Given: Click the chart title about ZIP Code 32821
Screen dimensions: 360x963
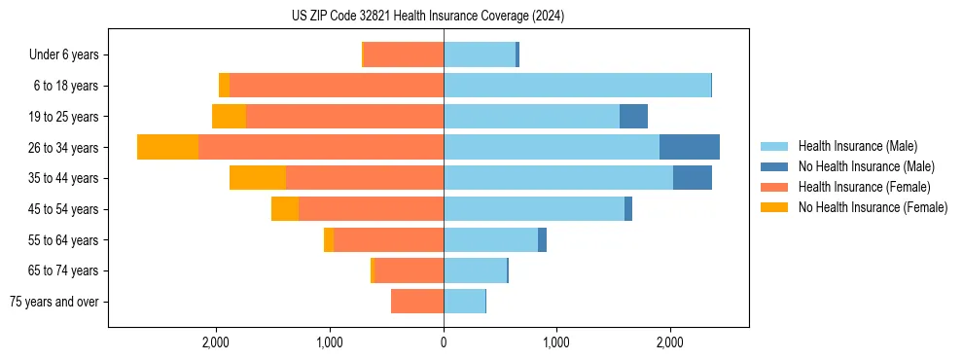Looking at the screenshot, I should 427,17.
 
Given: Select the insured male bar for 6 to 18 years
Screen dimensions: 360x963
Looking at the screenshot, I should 577,86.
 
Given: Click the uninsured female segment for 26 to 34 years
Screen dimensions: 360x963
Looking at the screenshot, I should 167,147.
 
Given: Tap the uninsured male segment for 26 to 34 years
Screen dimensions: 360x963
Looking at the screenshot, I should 689,147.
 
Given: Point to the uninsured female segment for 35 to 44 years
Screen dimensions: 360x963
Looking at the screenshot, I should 257,178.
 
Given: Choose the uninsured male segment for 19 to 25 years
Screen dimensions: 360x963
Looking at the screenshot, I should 633,117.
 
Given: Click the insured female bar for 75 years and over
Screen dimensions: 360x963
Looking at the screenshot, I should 417,302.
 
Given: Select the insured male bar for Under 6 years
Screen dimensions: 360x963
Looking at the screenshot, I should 480,54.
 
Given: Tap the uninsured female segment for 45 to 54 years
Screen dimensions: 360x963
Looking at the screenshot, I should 285,209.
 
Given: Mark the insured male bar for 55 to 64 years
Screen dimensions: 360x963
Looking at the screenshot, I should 490,239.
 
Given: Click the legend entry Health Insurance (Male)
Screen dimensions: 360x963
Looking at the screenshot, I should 857,146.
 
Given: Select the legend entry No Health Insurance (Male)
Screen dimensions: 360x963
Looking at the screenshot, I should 866,166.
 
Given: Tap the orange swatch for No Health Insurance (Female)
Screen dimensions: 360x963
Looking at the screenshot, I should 774,207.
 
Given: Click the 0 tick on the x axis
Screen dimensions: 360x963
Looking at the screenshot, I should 444,342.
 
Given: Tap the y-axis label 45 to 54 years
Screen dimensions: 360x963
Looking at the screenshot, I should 63,209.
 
